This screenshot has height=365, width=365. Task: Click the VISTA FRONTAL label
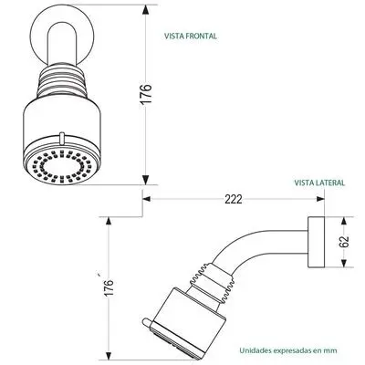[x=191, y=36]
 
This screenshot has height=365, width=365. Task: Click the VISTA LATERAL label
[x=319, y=182]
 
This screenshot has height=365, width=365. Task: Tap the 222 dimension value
[x=234, y=199]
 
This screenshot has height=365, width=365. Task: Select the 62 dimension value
[x=345, y=242]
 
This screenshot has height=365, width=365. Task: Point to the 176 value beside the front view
[x=146, y=94]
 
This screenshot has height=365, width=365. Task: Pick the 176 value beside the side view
[x=109, y=287]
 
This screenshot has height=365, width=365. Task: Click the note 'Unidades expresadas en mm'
[x=288, y=350]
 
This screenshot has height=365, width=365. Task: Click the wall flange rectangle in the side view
[x=317, y=242]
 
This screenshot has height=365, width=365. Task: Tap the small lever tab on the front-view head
[x=62, y=138]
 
